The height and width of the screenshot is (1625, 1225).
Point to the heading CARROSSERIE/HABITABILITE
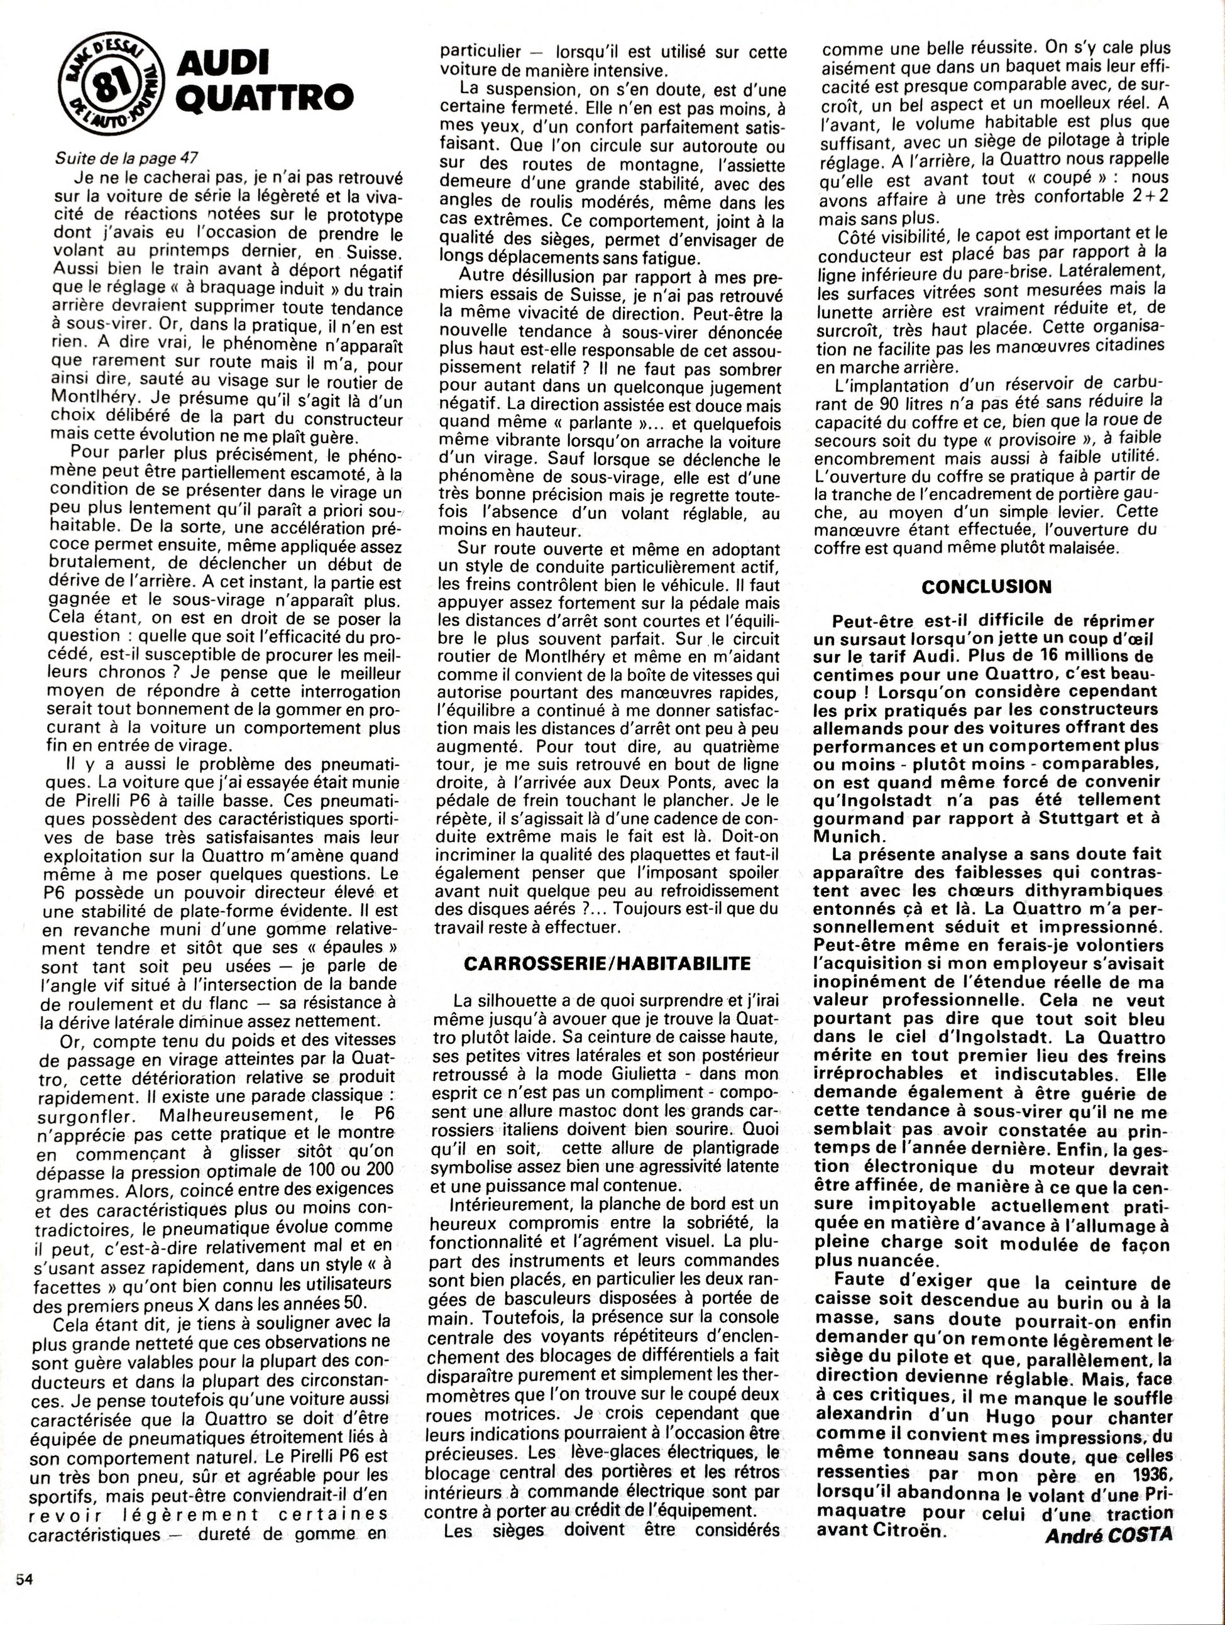tap(607, 963)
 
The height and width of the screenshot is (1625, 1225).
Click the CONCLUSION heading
tap(986, 586)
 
